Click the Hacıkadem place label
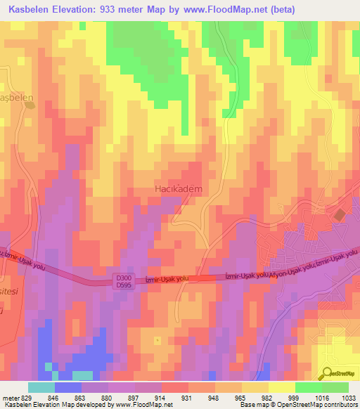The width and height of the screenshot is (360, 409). coord(178,189)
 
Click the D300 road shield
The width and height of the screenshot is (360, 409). coord(123,278)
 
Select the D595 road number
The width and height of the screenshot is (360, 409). coord(123,285)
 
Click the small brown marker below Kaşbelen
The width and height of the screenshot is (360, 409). coord(30,105)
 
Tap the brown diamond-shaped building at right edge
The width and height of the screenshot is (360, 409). coord(340,214)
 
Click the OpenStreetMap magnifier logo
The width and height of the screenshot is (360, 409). coord(327,374)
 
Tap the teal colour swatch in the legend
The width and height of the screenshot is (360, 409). coord(41,387)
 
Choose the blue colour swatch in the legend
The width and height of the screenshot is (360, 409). coord(68,387)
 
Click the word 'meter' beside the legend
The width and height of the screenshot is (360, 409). coord(10,398)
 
